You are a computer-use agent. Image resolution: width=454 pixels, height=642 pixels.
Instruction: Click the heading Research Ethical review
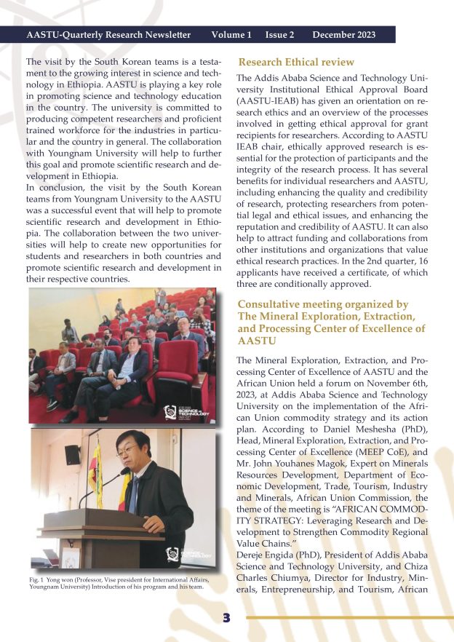point(296,62)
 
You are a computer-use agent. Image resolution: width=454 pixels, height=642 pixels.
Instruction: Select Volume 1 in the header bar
point(231,35)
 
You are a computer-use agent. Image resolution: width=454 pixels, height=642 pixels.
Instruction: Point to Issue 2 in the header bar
point(280,35)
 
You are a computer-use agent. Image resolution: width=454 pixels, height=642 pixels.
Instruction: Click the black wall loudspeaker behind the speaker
point(72,455)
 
